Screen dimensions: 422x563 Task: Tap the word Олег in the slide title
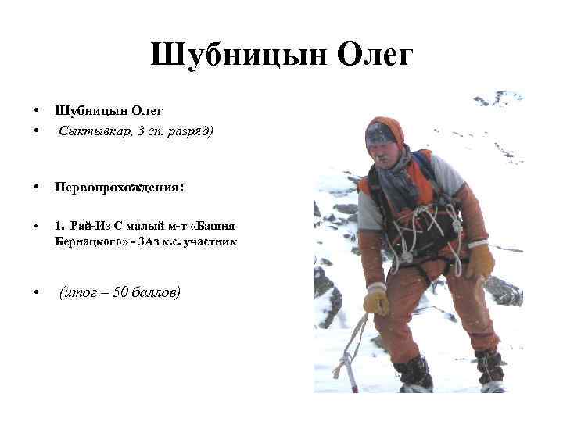(x=375, y=56)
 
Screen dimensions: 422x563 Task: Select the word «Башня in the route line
(x=217, y=226)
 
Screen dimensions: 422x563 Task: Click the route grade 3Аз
(x=150, y=241)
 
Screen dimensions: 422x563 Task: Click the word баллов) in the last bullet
(x=160, y=292)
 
